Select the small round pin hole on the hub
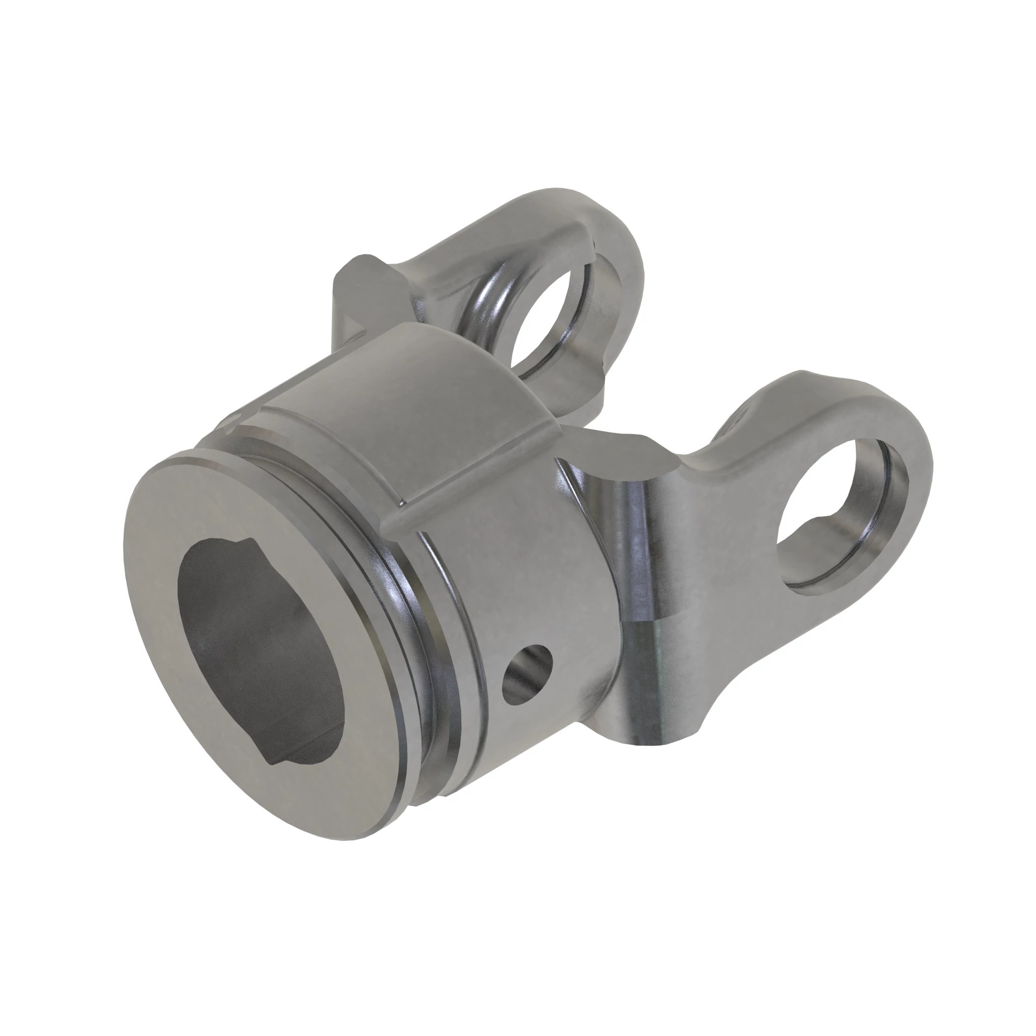point(527,671)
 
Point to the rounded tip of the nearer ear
point(906,429)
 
